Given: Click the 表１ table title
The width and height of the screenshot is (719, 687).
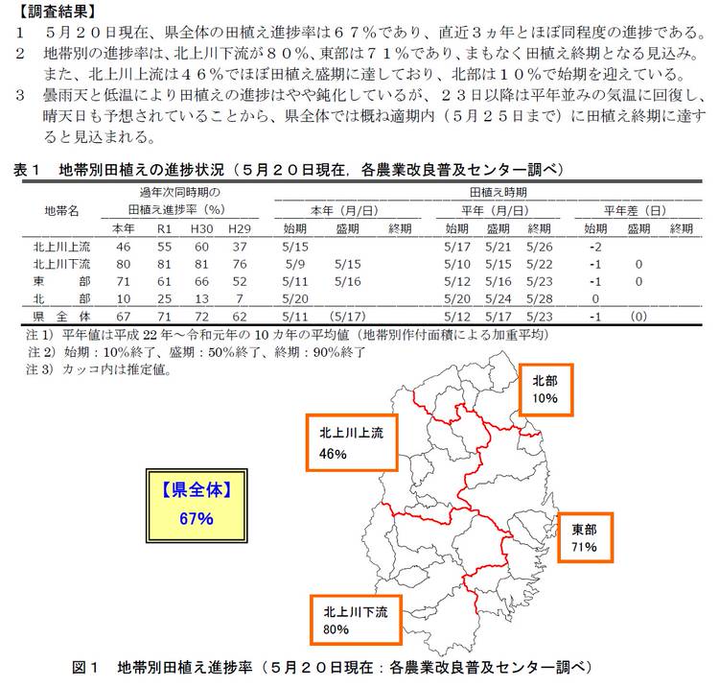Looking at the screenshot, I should coord(289,169).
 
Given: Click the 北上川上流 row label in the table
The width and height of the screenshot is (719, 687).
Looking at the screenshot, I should coord(62,247).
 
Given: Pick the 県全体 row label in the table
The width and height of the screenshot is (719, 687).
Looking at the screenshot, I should coord(62,316).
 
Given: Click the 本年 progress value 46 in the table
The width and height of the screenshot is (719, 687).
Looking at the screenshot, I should coord(124,247).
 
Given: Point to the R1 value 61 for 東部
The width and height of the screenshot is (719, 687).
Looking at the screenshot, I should coord(165,281).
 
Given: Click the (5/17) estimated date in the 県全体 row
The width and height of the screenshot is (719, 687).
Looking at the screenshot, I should coord(346,316).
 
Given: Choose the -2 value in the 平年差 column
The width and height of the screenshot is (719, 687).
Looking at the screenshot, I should coord(595,247).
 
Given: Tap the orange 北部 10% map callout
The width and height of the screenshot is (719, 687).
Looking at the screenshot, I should coord(545,389).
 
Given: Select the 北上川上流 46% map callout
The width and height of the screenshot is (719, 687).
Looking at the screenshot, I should coord(352,442).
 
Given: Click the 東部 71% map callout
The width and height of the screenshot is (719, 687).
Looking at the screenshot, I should coord(584,538).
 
